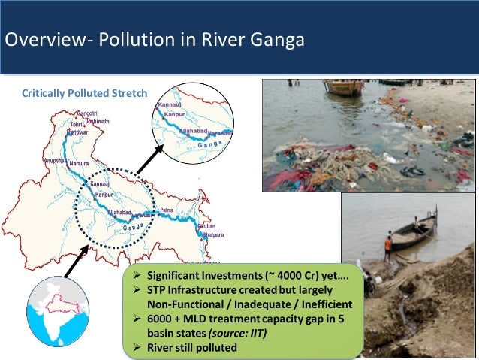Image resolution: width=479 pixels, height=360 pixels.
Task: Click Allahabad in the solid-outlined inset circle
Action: click(194, 130)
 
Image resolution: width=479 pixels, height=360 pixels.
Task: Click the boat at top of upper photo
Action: click(344, 87)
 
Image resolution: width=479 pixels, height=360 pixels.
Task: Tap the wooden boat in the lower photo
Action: click(414, 231)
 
